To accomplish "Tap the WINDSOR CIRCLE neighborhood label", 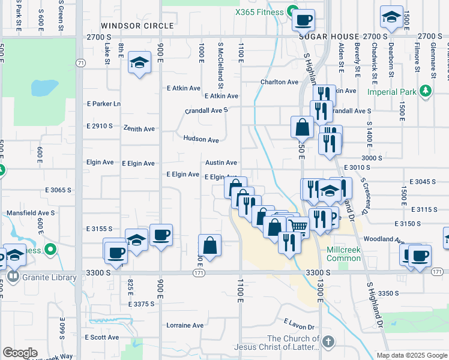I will pos(137,26).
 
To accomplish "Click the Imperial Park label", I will pos(393,92).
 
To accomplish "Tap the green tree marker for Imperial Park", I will pos(426,91).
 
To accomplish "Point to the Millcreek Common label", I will pos(344,254).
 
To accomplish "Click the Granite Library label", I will pos(50,277).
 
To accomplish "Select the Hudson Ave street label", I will pos(201,139).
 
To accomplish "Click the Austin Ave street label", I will pos(221,163).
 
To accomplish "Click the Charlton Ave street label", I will pos(279,82).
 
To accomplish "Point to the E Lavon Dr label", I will pos(299,325).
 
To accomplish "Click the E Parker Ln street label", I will pos(104,103).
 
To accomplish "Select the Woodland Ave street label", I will pos(382,239).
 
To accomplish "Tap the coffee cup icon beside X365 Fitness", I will pos(303,19).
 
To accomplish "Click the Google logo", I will pos(20,353).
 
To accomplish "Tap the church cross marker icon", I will pos(327,342).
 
